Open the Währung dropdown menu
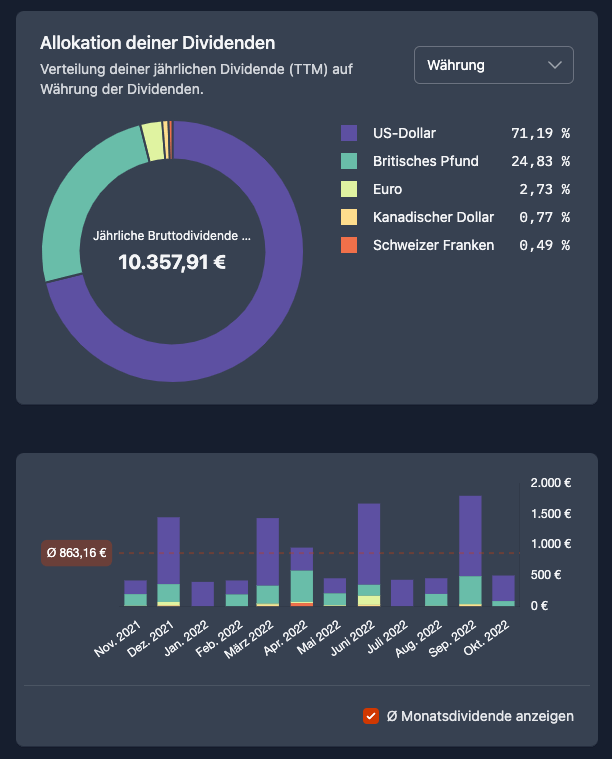pyautogui.click(x=494, y=65)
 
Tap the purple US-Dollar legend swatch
pyautogui.click(x=349, y=133)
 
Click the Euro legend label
pyautogui.click(x=388, y=189)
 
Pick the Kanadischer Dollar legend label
pyautogui.click(x=432, y=217)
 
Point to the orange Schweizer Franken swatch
pyautogui.click(x=349, y=245)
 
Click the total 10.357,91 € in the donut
pyautogui.click(x=173, y=262)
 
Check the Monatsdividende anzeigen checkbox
pyautogui.click(x=371, y=716)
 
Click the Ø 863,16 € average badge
pyautogui.click(x=76, y=552)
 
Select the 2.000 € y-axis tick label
pyautogui.click(x=550, y=483)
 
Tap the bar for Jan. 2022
pyautogui.click(x=202, y=594)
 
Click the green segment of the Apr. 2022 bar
pyautogui.click(x=301, y=586)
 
